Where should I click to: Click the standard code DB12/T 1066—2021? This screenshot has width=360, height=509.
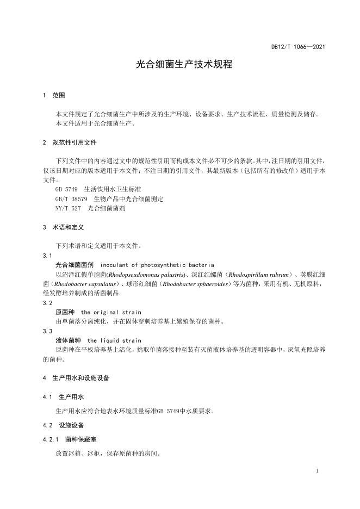point(298,47)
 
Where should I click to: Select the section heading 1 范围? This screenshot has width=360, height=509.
point(54,95)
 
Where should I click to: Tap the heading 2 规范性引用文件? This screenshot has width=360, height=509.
point(69,142)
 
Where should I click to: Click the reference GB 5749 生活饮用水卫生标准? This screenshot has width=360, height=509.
point(90,189)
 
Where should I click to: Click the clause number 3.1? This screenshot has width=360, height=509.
point(47,255)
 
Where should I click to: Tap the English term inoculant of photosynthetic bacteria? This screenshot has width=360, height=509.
point(154,264)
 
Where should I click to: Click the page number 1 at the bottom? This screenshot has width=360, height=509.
point(316,470)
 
